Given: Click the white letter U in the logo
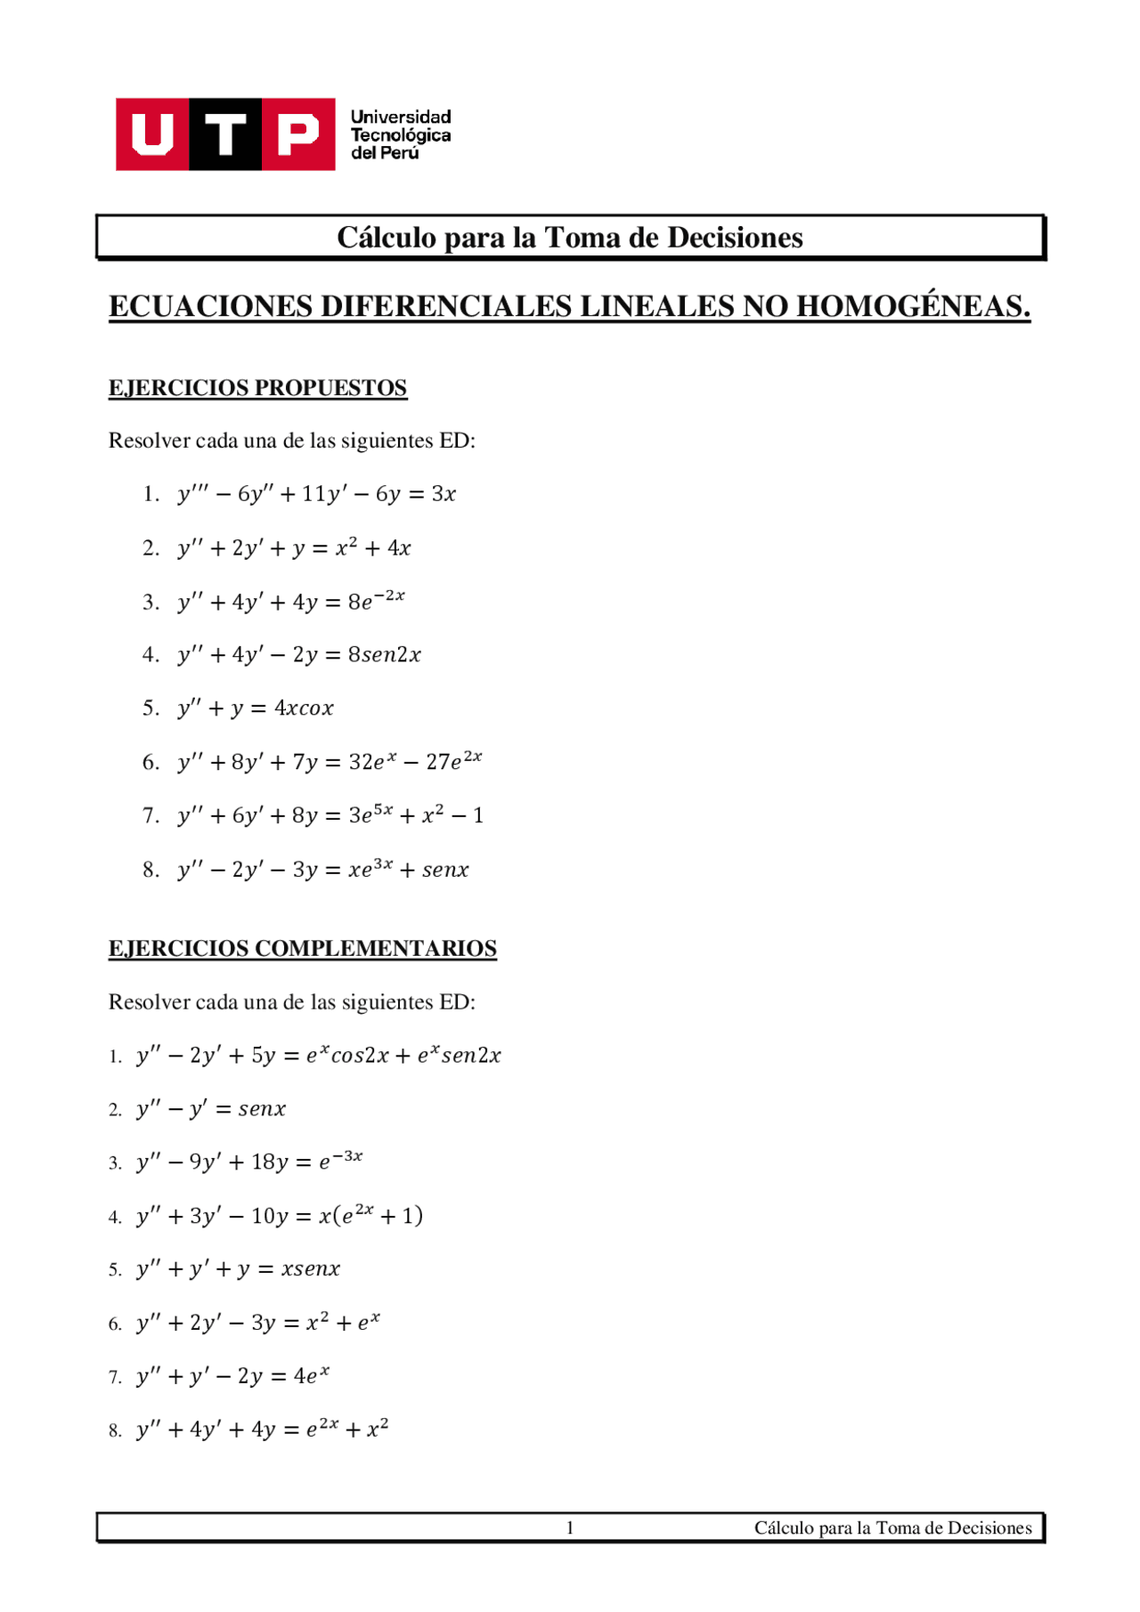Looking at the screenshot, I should coord(152,134).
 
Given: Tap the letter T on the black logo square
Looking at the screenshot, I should coord(225,134).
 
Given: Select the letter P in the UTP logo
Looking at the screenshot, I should coord(297,134).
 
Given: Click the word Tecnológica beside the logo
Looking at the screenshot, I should coord(400,135).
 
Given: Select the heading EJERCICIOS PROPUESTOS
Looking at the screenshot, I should coord(257,388).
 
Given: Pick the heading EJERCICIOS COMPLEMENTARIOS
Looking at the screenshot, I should coord(302,949).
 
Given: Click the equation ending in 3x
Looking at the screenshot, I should coord(316,494).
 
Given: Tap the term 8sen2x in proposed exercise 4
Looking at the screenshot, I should coord(384,655).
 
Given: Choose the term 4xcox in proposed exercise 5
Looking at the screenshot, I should coord(304,709).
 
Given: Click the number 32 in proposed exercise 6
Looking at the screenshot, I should coord(360,763).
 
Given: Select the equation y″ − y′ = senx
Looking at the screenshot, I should coord(211,1109).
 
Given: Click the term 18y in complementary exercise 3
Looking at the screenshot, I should coord(269,1162).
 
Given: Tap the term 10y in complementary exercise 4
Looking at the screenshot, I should coord(269,1216).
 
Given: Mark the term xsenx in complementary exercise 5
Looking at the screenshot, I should coord(310,1269).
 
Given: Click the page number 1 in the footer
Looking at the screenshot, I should coord(570,1528).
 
